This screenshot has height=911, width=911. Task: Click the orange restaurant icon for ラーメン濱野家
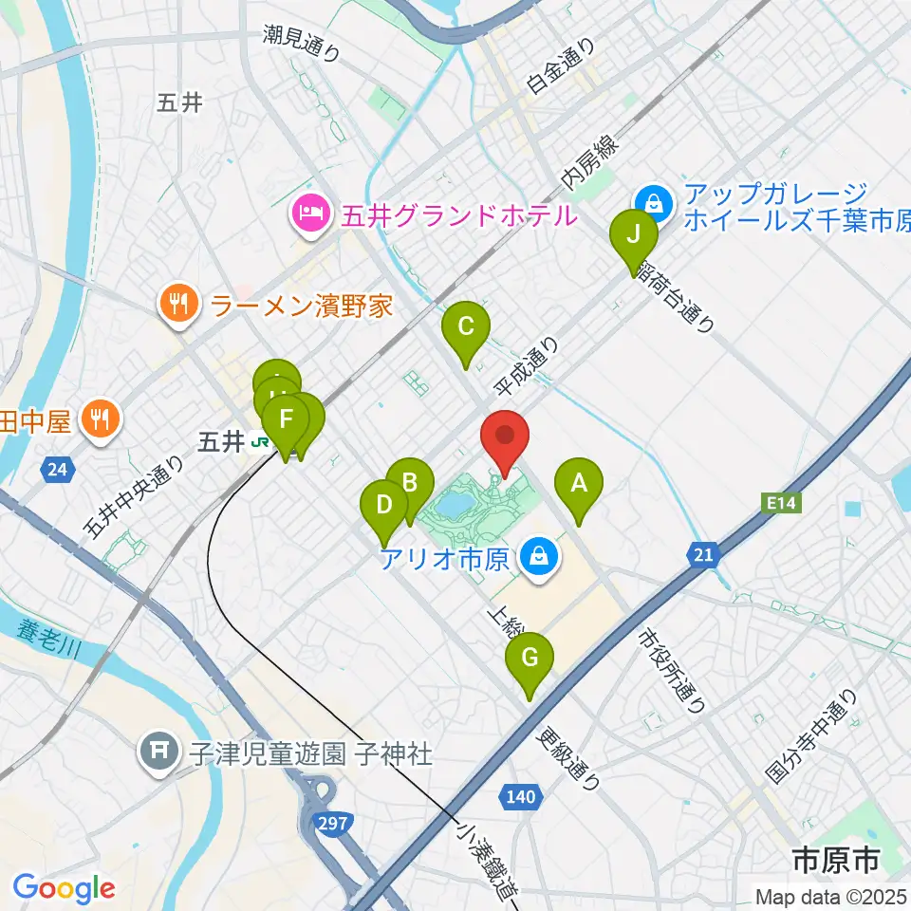point(177,305)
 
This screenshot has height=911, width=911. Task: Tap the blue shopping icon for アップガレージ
point(654,201)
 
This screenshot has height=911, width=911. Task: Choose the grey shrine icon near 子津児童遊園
point(156,753)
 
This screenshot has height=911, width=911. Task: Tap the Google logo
point(64,887)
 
